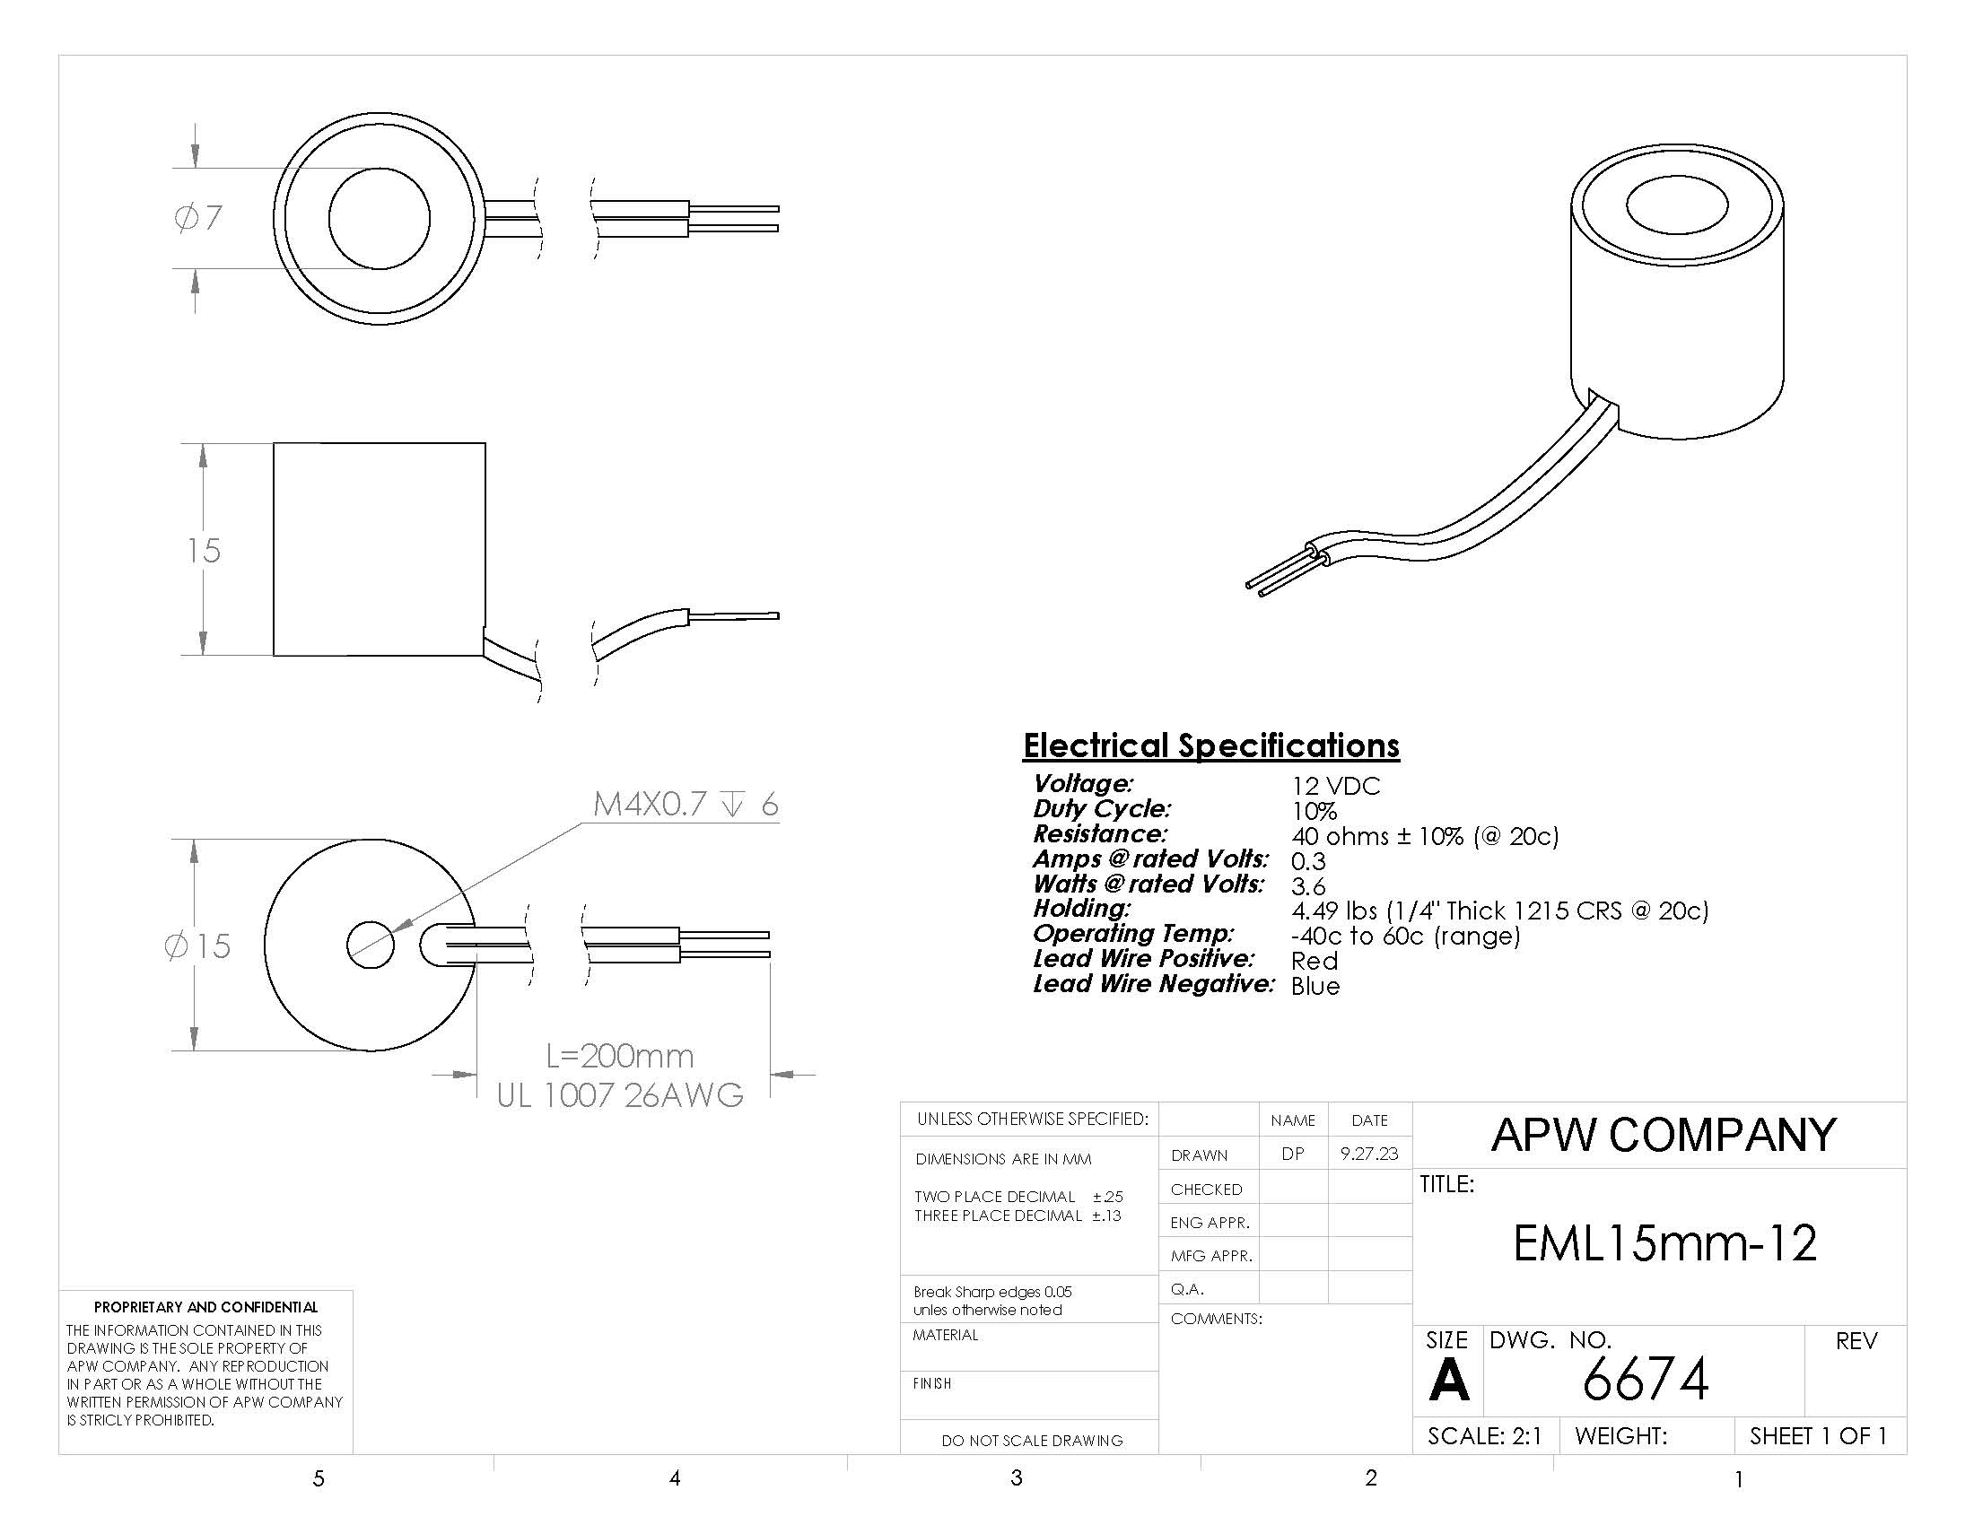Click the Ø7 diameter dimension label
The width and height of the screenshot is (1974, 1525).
click(x=198, y=218)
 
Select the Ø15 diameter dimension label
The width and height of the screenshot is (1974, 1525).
click(x=197, y=945)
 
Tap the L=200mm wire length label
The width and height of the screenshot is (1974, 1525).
click(x=620, y=1055)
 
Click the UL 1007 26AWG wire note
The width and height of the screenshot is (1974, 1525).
click(x=620, y=1095)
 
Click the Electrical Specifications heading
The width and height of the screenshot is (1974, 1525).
click(x=1211, y=745)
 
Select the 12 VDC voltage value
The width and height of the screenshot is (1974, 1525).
click(x=1336, y=786)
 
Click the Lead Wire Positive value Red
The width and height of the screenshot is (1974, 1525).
click(x=1315, y=961)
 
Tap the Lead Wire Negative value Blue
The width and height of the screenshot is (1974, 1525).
click(x=1315, y=986)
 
